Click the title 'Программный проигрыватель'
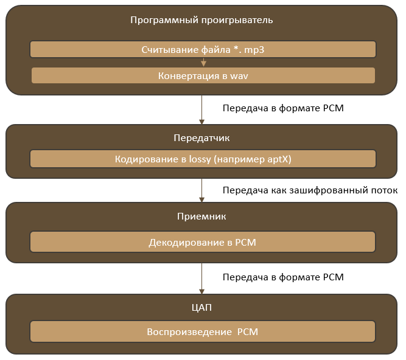pos(201,19)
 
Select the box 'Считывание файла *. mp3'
pos(203,49)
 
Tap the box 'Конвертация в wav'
pos(203,75)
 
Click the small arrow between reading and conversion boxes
pos(203,62)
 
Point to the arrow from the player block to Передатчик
pos(202,109)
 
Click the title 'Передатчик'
pos(201,139)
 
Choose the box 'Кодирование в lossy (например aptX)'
pos(203,159)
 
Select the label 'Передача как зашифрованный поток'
pos(310,190)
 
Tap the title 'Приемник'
pos(201,216)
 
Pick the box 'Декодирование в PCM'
pos(203,243)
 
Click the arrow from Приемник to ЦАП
pos(202,279)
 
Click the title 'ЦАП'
pos(201,308)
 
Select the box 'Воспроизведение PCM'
pos(203,332)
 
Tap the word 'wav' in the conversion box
pos(239,75)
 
